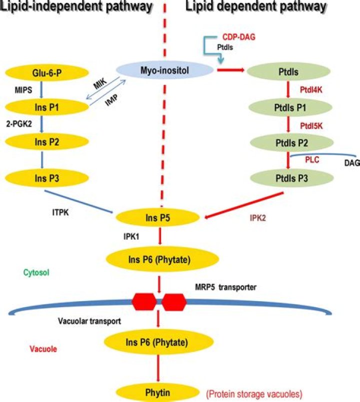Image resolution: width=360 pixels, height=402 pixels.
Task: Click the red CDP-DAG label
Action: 235,37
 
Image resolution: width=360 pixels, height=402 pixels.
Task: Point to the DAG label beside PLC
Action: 352,163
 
